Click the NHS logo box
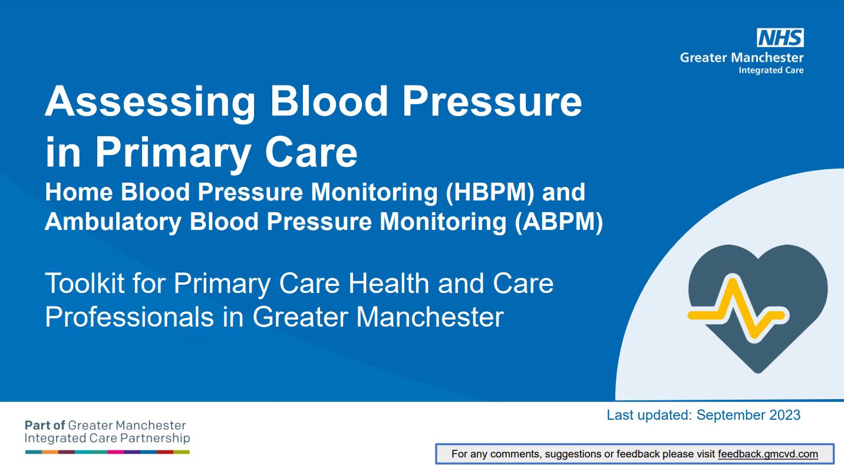[x=780, y=38]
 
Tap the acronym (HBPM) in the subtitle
[x=490, y=193]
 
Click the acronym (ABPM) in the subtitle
[x=559, y=222]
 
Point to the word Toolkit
[x=84, y=283]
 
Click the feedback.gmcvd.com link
[x=768, y=454]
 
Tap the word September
[x=730, y=416]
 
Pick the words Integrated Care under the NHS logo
[x=771, y=71]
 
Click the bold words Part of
[x=45, y=426]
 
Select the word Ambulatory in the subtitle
[x=113, y=222]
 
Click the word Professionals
[x=130, y=317]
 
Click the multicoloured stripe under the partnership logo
[x=107, y=452]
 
